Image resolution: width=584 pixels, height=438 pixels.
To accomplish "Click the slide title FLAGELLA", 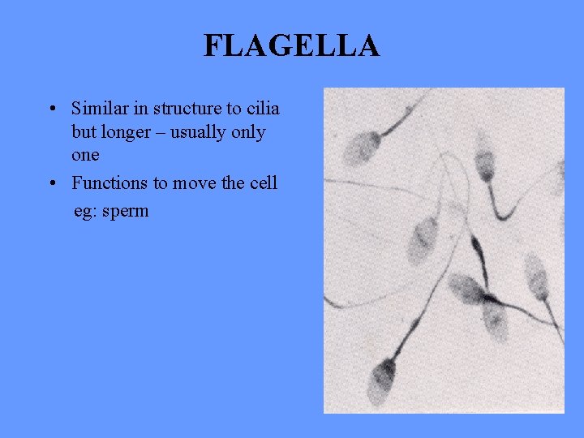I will pyautogui.click(x=291, y=46).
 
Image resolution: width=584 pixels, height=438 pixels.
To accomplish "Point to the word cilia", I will pyautogui.click(x=261, y=108).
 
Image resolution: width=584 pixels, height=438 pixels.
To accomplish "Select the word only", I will pyautogui.click(x=248, y=132).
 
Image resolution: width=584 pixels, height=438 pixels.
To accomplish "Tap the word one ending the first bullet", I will pyautogui.click(x=85, y=154).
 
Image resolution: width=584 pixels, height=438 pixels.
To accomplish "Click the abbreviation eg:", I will pyautogui.click(x=84, y=212).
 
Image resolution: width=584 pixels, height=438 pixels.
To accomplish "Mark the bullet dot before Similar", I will pyautogui.click(x=51, y=109).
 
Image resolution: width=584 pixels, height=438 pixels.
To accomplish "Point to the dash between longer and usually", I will pyautogui.click(x=165, y=132).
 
